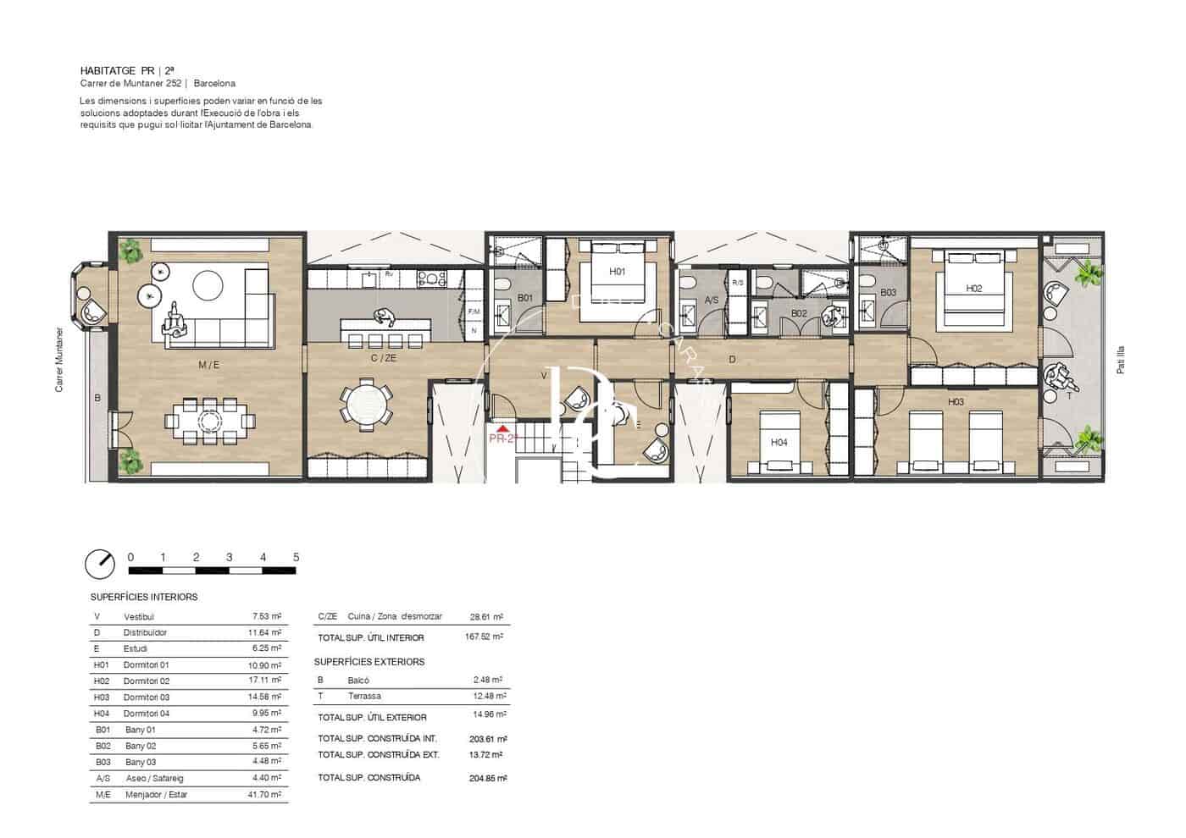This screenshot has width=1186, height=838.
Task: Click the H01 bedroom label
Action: click(x=617, y=272)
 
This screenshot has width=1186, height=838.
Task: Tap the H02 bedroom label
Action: click(x=973, y=289)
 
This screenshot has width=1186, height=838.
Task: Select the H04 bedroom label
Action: click(x=779, y=442)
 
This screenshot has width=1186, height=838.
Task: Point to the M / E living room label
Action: click(x=208, y=365)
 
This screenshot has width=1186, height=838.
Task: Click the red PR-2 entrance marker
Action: click(x=502, y=437)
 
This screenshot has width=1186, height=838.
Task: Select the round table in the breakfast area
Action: click(x=367, y=404)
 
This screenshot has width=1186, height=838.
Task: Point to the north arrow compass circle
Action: click(x=100, y=563)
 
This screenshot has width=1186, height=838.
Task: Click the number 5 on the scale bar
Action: click(x=296, y=557)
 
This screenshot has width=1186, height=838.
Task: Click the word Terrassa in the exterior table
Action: click(x=364, y=697)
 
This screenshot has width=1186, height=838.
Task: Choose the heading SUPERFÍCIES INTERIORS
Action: click(x=144, y=597)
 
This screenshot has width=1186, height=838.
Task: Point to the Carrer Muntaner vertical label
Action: click(x=59, y=360)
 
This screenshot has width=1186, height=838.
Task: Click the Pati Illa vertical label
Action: click(x=1120, y=360)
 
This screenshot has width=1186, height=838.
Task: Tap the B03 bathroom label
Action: click(x=887, y=293)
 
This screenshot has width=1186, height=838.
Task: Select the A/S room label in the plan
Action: click(x=712, y=300)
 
